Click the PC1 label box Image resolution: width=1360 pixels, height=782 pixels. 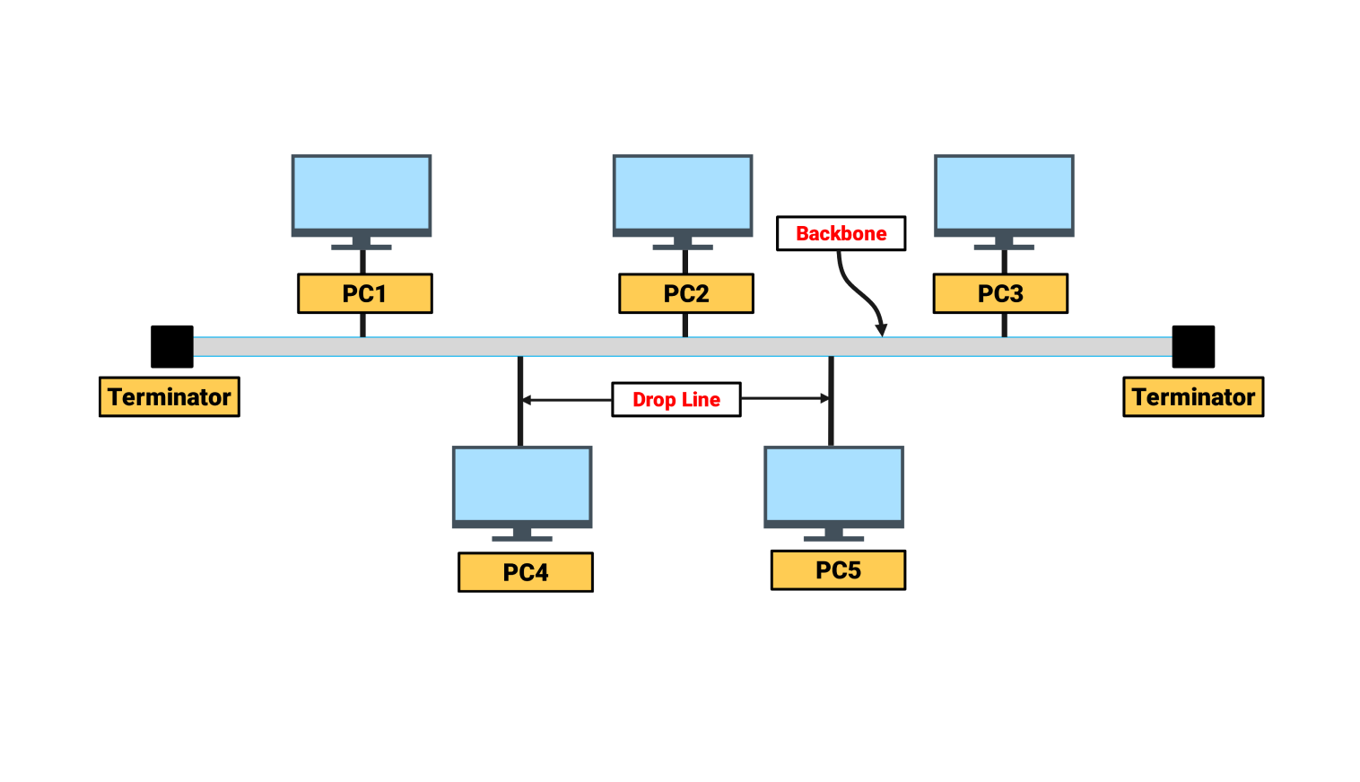pyautogui.click(x=364, y=293)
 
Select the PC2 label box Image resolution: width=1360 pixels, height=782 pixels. pyautogui.click(x=685, y=293)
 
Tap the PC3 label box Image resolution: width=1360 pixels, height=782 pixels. pyautogui.click(x=1000, y=293)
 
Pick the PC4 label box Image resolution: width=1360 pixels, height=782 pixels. pyautogui.click(x=525, y=572)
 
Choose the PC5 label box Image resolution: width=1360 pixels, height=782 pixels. pyautogui.click(x=838, y=570)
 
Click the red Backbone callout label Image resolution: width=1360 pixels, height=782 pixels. pyautogui.click(x=841, y=233)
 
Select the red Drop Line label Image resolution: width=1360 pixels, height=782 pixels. pyautogui.click(x=676, y=400)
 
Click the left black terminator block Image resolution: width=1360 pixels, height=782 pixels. pyautogui.click(x=172, y=347)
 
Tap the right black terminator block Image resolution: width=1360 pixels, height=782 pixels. pyautogui.click(x=1193, y=347)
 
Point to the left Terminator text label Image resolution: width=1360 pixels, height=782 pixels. pyautogui.click(x=169, y=397)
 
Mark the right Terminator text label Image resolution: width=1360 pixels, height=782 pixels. pyautogui.click(x=1193, y=397)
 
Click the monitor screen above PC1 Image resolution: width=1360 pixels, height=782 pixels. pyautogui.click(x=362, y=194)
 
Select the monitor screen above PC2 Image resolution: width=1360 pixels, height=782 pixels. pyautogui.click(x=683, y=194)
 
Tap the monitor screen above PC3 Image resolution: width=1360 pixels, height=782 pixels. pyautogui.click(x=1004, y=194)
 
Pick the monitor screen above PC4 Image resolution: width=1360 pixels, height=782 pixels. pyautogui.click(x=522, y=485)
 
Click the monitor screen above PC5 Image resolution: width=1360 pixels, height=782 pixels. pyautogui.click(x=833, y=485)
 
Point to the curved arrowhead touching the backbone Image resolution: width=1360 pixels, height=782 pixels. pyautogui.click(x=881, y=329)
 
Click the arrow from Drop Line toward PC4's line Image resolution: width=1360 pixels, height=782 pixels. pyautogui.click(x=565, y=400)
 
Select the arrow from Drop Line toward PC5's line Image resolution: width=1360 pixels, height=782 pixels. pyautogui.click(x=786, y=398)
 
